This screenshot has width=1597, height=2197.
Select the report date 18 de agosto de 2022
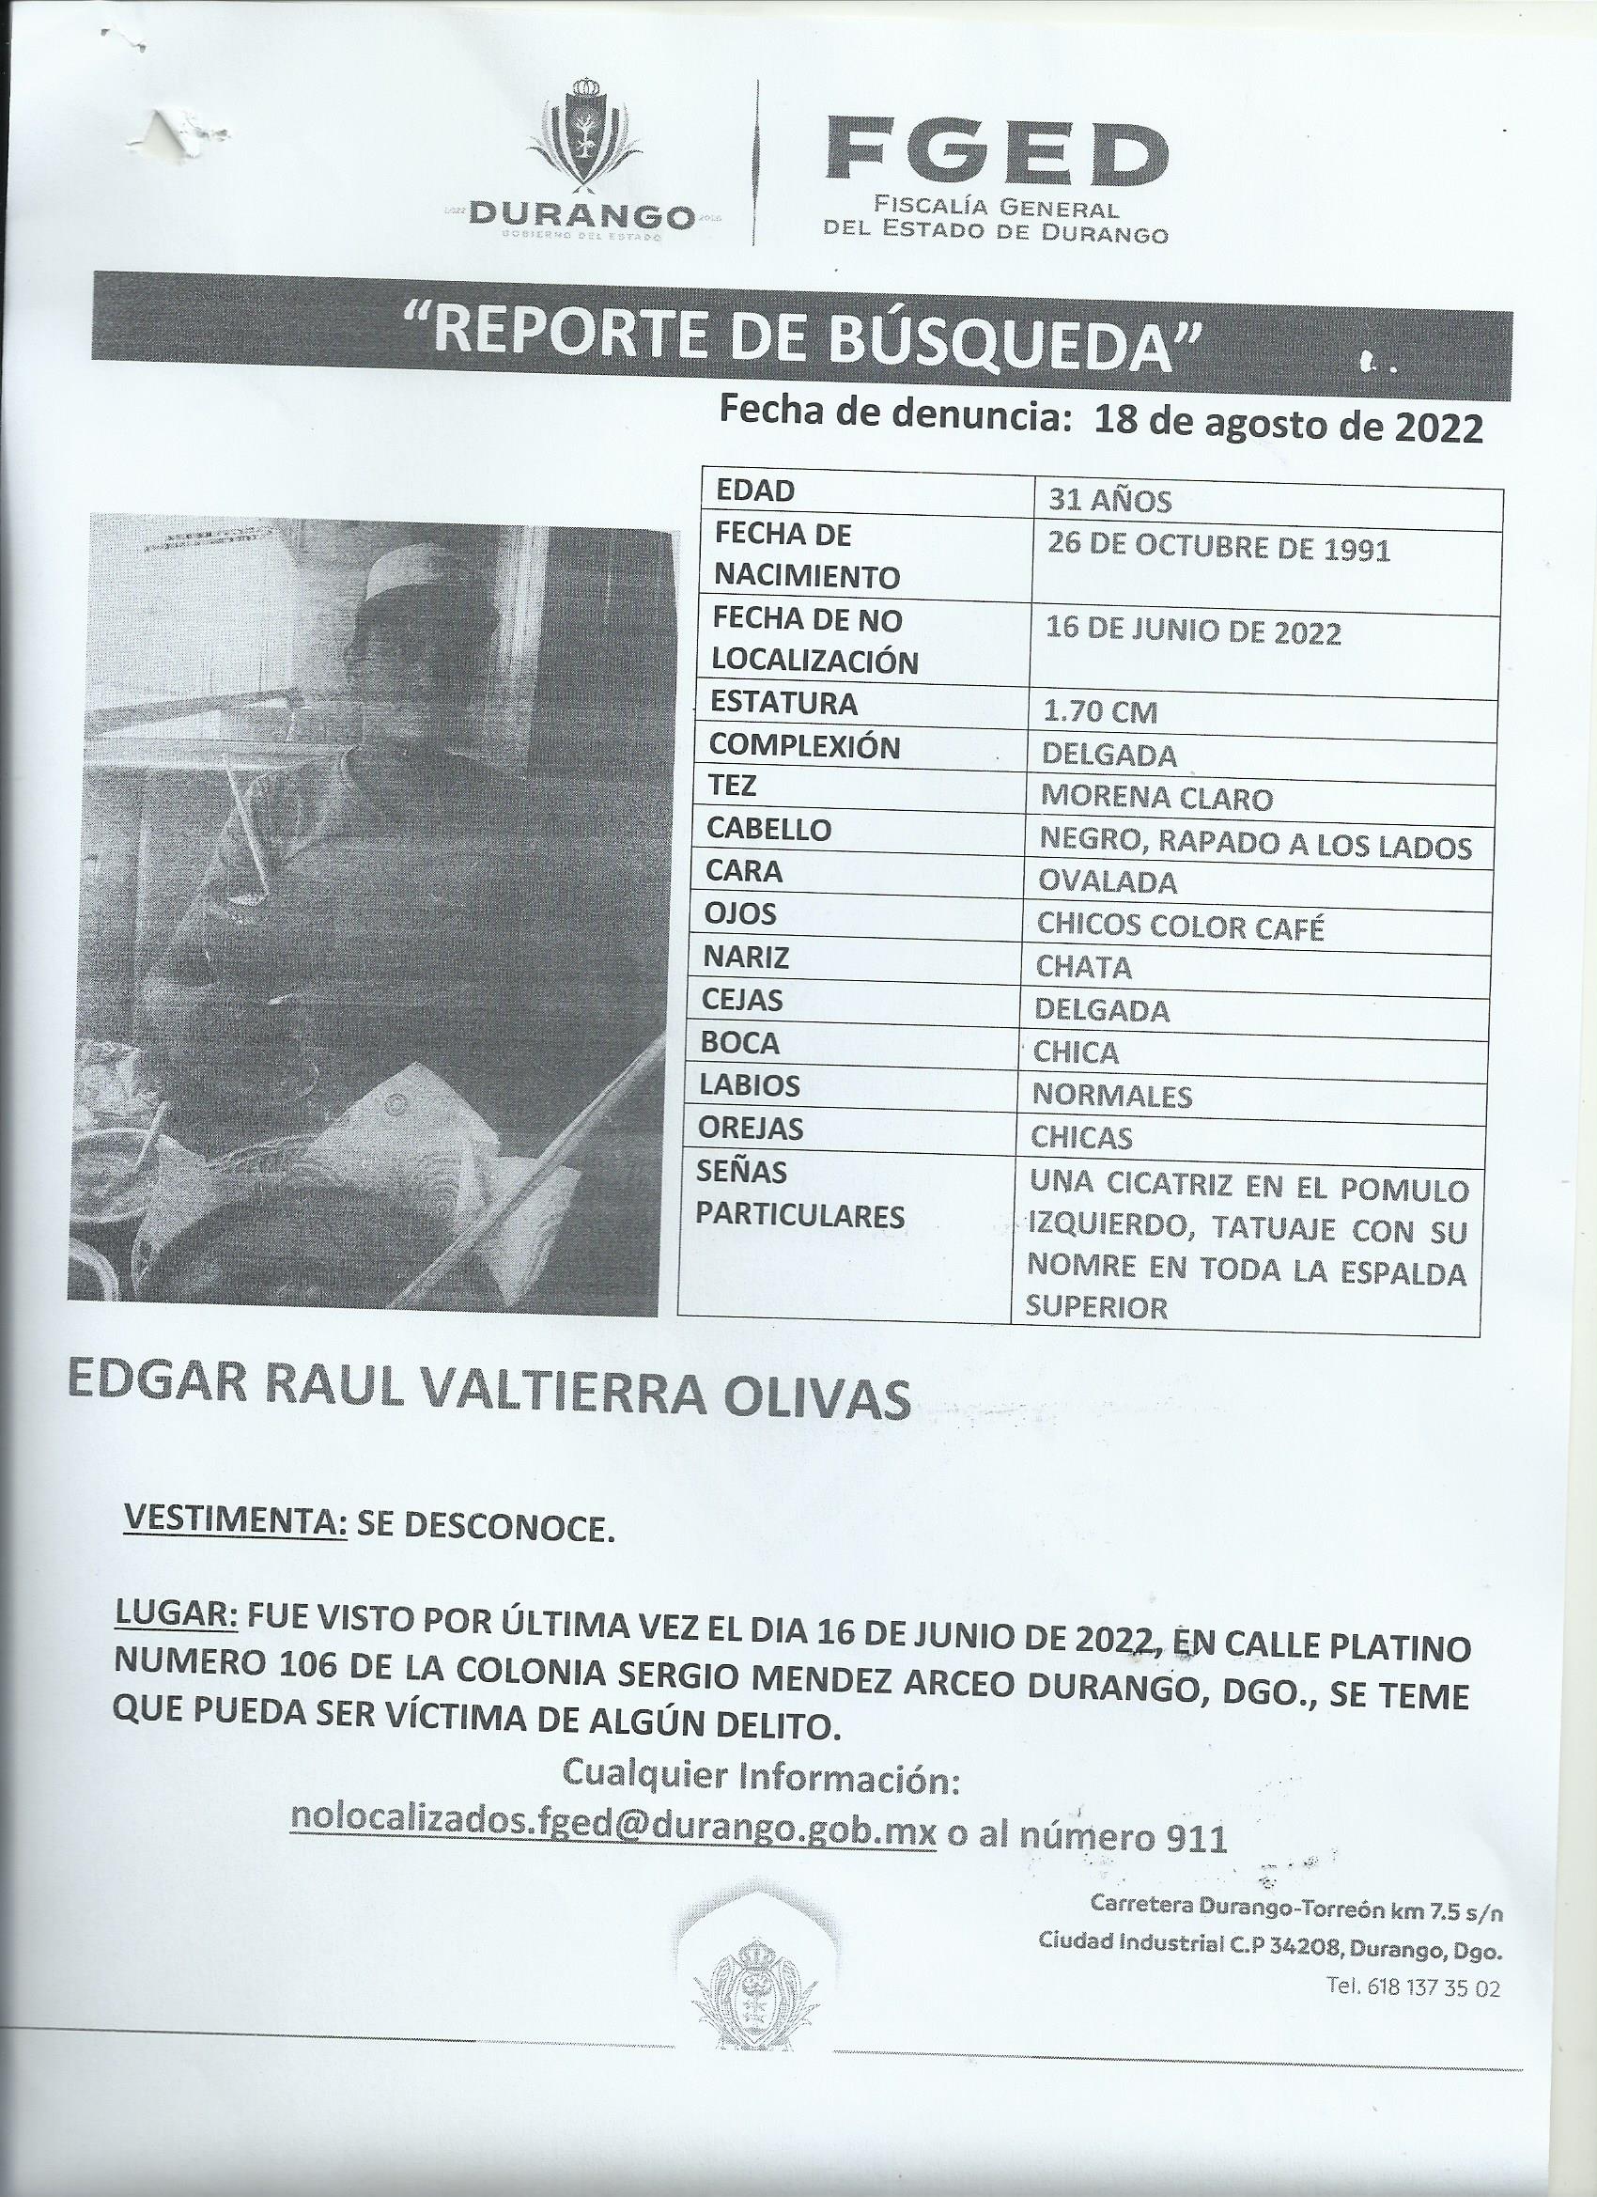tap(1287, 426)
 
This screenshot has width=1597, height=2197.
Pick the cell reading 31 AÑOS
tap(1109, 501)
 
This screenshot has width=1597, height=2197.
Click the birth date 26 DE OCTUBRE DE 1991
tap(1219, 549)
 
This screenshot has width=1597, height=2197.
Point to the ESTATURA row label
tap(783, 703)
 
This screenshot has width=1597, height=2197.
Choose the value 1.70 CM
tap(1099, 713)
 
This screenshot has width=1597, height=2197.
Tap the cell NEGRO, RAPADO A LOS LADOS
tap(1255, 845)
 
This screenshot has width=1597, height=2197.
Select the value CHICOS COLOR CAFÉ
tap(1180, 927)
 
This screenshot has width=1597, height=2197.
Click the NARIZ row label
tap(748, 958)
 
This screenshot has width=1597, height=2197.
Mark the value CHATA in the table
tap(1083, 967)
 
